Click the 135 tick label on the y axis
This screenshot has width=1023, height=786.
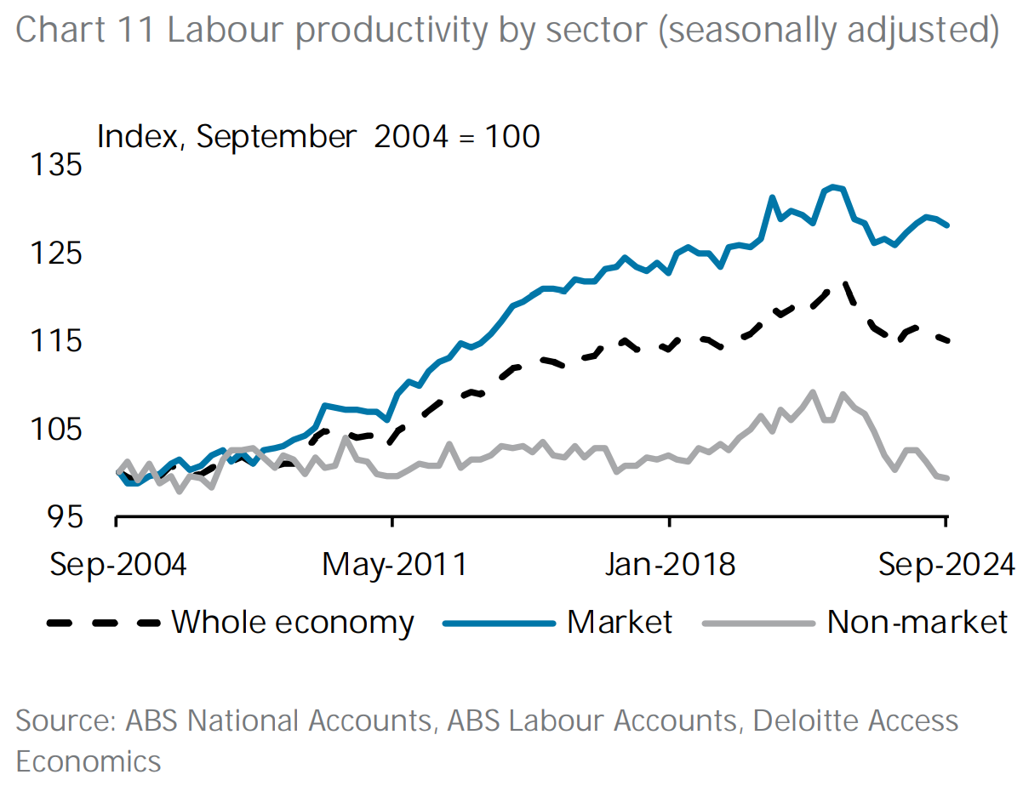[x=56, y=164]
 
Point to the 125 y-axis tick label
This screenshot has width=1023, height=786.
[x=56, y=253]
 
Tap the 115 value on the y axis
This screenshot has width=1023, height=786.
[x=56, y=341]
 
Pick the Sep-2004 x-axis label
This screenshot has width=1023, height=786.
[x=117, y=564]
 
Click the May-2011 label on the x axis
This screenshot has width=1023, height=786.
[x=394, y=564]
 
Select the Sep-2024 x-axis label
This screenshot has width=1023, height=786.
[x=944, y=564]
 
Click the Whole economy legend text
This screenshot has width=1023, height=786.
[x=293, y=622]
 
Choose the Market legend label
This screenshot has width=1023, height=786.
[x=620, y=622]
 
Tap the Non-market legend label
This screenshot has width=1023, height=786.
[x=917, y=622]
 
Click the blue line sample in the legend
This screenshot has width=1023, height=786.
[x=497, y=623]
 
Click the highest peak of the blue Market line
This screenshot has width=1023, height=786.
[x=832, y=186]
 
